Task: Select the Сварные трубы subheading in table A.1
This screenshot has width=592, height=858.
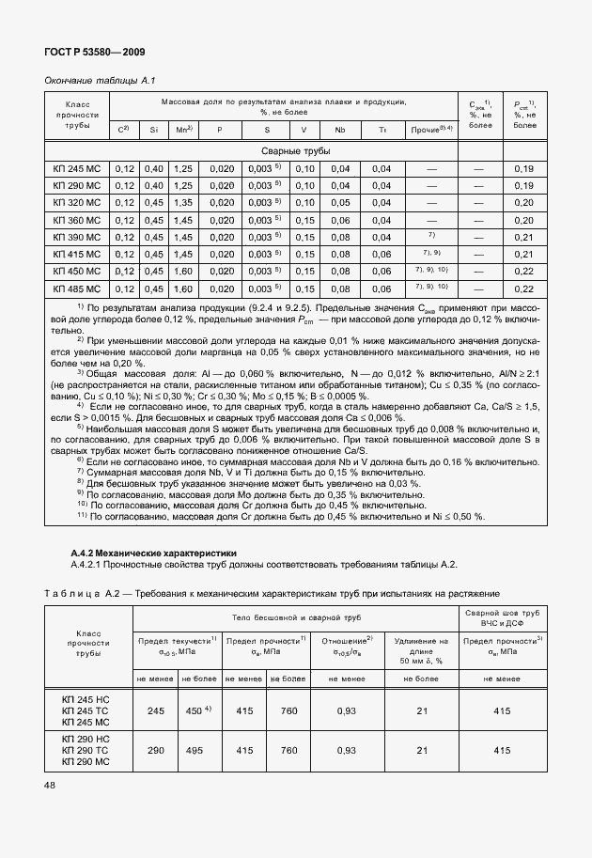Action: [295, 151]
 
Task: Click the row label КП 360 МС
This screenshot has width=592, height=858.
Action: [77, 219]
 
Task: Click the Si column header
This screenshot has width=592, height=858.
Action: [153, 130]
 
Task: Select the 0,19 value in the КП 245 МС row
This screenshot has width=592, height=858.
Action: [524, 169]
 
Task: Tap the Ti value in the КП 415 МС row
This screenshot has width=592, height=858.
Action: [381, 254]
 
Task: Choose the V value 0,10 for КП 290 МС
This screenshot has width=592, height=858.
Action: [304, 186]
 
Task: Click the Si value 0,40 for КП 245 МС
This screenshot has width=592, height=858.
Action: [153, 169]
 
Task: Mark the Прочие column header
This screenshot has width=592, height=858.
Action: [431, 130]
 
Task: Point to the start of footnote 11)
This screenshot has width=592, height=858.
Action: [83, 517]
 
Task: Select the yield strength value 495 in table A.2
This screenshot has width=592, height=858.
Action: [195, 751]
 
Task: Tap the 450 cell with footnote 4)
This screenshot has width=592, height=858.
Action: [195, 710]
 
